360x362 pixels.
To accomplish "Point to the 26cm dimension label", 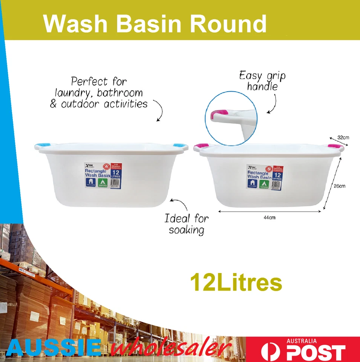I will point(339,186).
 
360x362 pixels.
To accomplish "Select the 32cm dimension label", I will point(343,138).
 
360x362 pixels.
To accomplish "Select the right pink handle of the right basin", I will point(334,146).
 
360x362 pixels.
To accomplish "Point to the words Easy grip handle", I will point(262,81).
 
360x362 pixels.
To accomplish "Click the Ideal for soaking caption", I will point(186,224).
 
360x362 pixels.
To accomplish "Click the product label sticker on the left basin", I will point(103,176).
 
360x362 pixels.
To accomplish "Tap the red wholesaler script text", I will point(172,348).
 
